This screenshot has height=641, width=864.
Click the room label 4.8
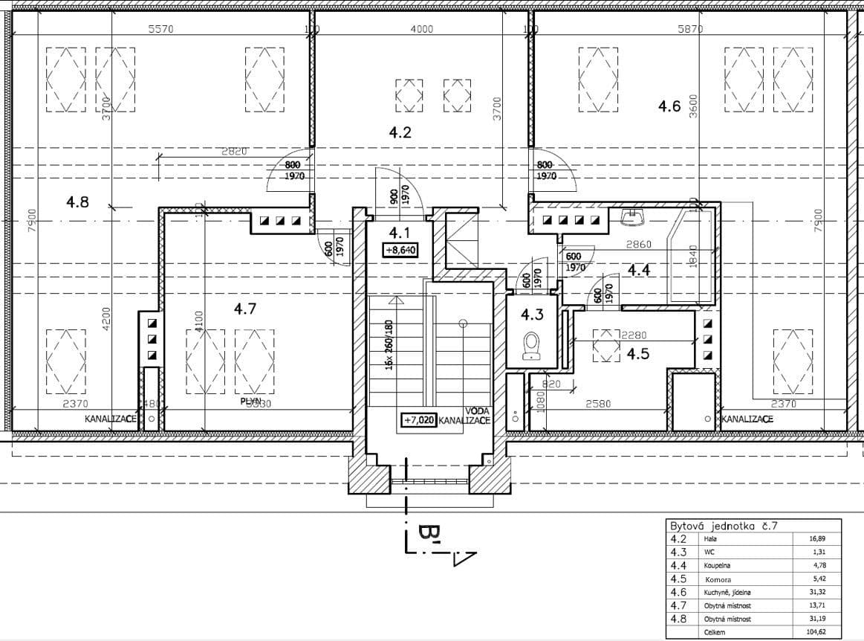tap(77, 201)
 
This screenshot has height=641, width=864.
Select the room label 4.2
tap(400, 133)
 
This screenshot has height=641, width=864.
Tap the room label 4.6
tap(669, 106)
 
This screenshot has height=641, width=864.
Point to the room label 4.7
tap(245, 309)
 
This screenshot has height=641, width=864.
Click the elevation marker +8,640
tap(400, 251)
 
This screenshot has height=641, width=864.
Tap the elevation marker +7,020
tap(418, 419)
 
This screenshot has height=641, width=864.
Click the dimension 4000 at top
tap(420, 29)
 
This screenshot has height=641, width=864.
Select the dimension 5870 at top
tap(690, 29)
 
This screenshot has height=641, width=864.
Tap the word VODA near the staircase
tap(476, 410)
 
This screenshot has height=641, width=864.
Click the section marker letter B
tap(428, 533)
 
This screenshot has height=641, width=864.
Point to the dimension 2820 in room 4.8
tap(234, 151)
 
